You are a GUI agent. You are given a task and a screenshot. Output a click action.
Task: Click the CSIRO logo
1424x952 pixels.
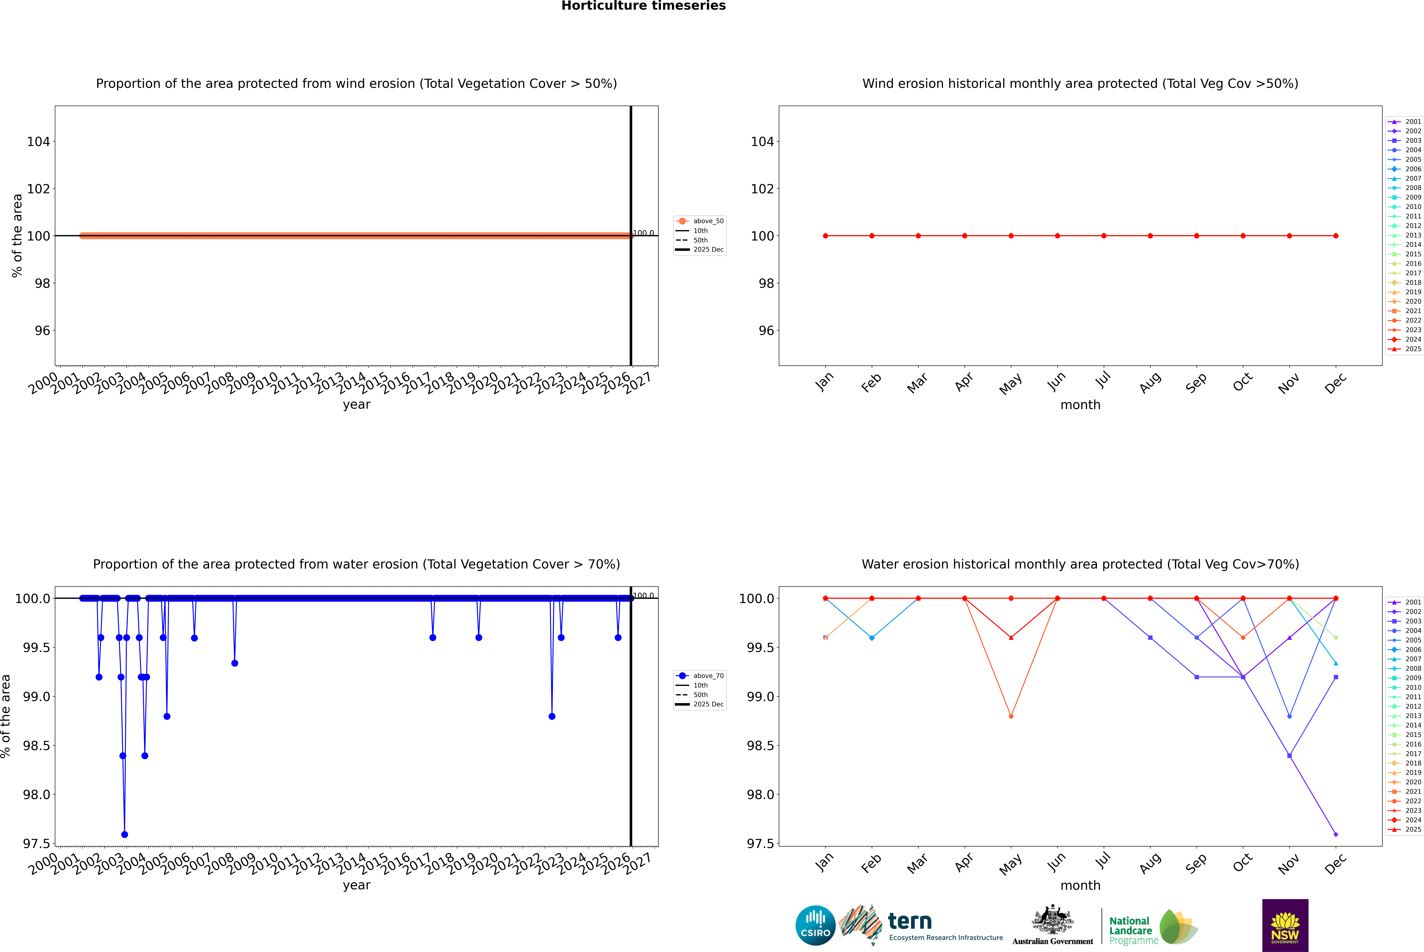click(815, 925)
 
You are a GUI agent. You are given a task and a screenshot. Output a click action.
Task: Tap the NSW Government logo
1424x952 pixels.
click(1285, 925)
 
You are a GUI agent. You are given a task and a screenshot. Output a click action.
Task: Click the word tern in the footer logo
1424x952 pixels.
click(909, 921)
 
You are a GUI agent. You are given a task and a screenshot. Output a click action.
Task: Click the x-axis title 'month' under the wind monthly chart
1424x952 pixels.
click(1080, 405)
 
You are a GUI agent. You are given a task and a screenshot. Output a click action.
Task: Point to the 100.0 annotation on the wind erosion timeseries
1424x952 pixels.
click(643, 233)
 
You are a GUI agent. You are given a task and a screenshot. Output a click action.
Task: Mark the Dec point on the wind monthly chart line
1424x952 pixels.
click(1335, 236)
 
